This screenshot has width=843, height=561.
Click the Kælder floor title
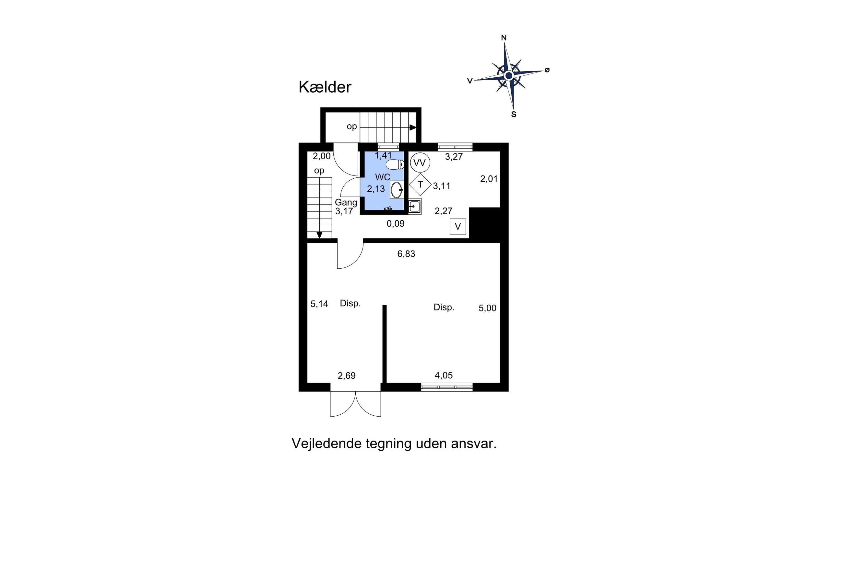[325, 87]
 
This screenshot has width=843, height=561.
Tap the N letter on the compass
[503, 38]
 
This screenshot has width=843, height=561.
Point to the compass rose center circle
[508, 75]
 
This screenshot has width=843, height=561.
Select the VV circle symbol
[420, 163]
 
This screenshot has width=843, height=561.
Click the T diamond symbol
[420, 185]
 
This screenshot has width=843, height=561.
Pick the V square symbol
[457, 227]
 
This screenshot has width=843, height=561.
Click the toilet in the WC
[395, 164]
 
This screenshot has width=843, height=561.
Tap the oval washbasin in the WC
[396, 190]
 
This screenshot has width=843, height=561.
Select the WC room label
[383, 177]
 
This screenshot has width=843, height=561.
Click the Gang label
[346, 203]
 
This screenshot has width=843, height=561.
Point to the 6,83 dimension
[406, 254]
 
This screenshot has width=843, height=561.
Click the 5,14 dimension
[319, 304]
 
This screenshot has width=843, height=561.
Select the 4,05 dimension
[444, 375]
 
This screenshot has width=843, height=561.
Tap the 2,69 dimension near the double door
[347, 376]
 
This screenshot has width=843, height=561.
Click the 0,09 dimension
[396, 224]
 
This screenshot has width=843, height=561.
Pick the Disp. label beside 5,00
[444, 307]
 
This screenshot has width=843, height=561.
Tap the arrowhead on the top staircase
[413, 127]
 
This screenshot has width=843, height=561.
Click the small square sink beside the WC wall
[414, 207]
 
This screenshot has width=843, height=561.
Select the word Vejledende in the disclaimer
[327, 443]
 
